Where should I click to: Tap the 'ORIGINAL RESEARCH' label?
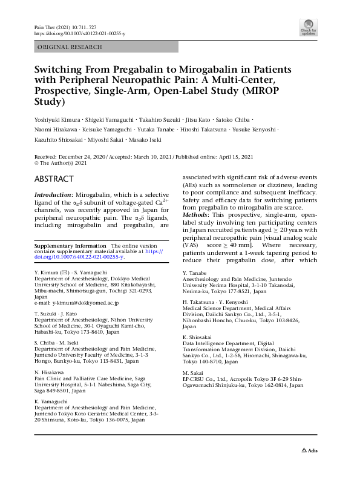[x=70, y=47]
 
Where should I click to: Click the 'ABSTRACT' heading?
[x=54, y=179]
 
